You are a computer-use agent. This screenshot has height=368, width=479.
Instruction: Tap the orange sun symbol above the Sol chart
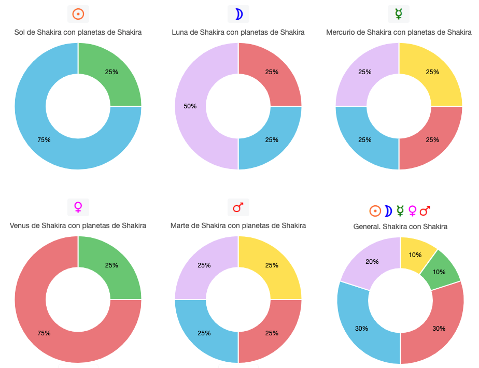pos(78,14)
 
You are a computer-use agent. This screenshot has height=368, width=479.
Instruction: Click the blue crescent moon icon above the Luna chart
pos(238,14)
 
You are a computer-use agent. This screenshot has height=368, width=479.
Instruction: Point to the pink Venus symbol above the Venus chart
pos(78,207)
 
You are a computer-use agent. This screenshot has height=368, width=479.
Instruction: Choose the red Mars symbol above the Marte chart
pos(238,207)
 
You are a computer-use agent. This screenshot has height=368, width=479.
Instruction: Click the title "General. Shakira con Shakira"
pos(400,227)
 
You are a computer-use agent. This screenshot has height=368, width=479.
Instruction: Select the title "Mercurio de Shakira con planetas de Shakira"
pos(399,32)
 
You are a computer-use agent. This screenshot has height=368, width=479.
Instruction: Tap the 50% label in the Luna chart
pos(190,106)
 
